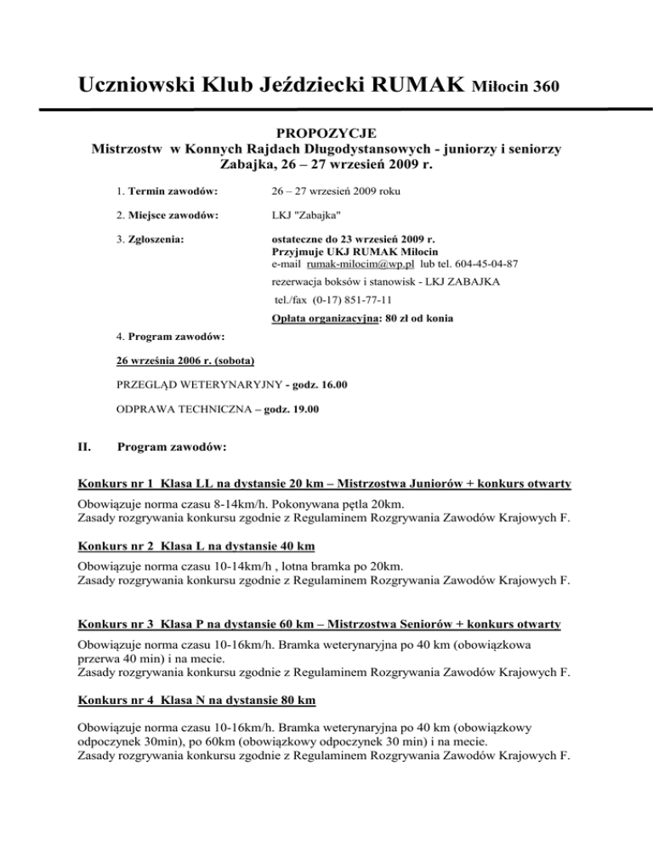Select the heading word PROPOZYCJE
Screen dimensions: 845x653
[x=325, y=134]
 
